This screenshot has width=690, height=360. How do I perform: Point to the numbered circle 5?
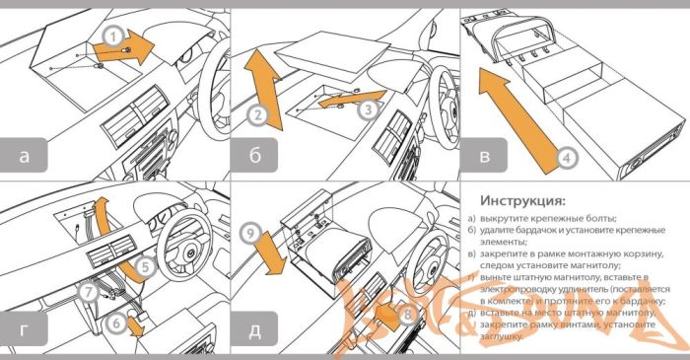143,265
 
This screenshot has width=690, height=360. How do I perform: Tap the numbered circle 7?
90,292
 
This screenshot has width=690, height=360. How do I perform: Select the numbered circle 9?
251,234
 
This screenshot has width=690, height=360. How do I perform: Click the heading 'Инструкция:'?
521,202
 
